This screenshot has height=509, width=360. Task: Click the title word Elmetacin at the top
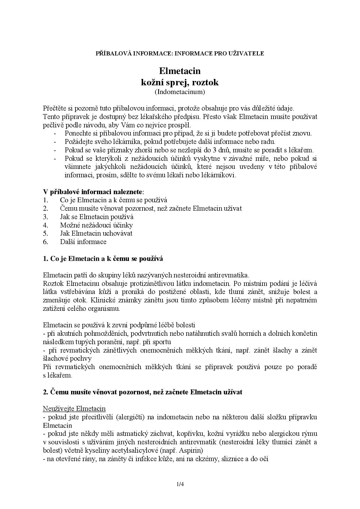180,71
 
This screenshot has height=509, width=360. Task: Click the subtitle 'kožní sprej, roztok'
180,82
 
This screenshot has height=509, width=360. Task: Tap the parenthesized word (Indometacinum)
180,92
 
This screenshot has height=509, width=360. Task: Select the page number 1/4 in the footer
180,484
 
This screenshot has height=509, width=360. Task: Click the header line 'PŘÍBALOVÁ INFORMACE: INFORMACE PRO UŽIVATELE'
180,53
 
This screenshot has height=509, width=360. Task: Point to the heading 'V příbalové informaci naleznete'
93,192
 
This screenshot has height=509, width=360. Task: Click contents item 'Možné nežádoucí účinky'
96,225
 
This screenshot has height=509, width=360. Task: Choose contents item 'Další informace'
83,242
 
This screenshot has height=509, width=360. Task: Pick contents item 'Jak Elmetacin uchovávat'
96,233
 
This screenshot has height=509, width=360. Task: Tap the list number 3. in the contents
46,217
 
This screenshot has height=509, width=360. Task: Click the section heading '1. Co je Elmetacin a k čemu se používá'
103,259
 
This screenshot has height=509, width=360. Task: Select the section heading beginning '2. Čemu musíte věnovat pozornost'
143,392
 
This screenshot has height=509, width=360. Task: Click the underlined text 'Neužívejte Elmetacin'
74,409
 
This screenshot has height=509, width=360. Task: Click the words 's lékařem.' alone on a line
57,375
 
